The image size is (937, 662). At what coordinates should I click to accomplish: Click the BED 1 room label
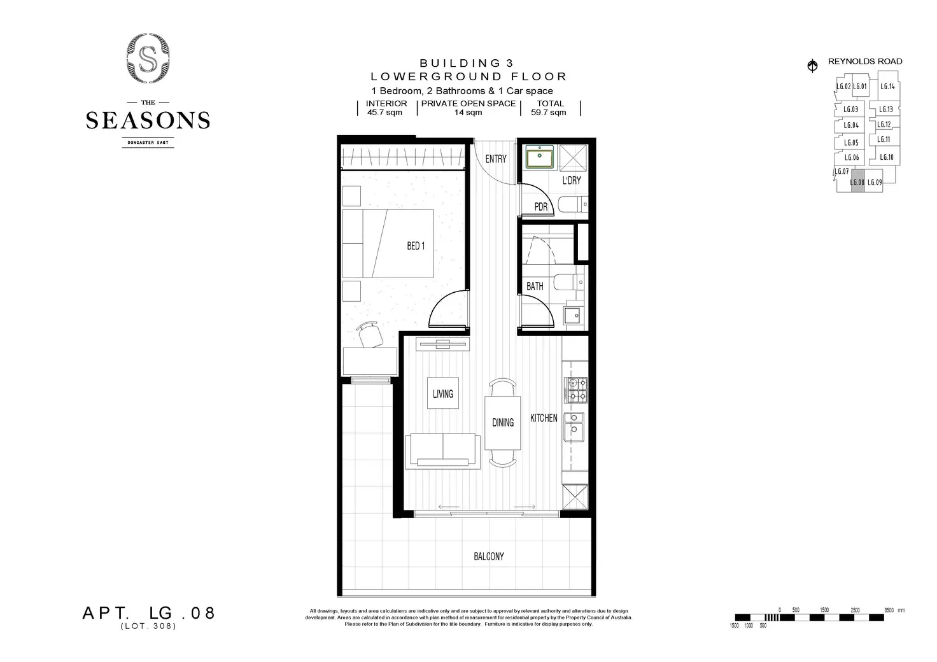point(416,246)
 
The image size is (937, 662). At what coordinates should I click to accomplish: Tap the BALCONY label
point(488,556)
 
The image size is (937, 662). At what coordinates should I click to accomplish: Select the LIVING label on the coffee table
point(443,394)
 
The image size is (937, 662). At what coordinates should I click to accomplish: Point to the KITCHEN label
point(544,418)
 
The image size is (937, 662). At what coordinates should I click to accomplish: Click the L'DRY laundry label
point(572,180)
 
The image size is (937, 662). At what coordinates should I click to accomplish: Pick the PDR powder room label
point(540,207)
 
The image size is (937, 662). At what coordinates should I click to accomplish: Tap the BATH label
point(535,286)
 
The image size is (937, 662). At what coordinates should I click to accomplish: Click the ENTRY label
point(496,158)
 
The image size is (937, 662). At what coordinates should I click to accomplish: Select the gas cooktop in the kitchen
point(575,390)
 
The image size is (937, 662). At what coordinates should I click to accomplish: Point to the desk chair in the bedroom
point(369,334)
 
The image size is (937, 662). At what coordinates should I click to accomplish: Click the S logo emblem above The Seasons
point(148,60)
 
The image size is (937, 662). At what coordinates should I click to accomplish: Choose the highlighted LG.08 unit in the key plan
point(857,182)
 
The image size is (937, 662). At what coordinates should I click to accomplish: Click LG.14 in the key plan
point(887,87)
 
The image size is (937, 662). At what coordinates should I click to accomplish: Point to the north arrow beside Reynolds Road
point(812,66)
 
